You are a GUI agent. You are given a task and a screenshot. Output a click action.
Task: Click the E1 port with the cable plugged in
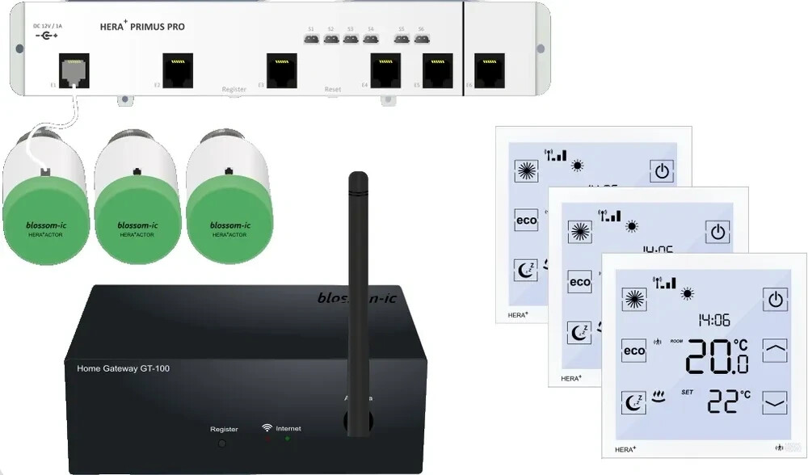tap(74, 69)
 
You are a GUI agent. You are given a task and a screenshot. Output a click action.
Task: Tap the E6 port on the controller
tap(489, 69)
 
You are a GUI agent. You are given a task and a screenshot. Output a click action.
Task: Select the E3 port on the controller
tap(282, 69)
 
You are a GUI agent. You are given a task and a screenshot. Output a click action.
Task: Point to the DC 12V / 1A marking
tap(48, 26)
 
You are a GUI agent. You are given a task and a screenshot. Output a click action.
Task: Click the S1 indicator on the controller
tap(311, 37)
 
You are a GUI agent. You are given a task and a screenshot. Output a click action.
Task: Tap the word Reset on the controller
tap(332, 89)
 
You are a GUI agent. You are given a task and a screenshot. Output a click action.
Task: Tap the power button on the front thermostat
tap(775, 300)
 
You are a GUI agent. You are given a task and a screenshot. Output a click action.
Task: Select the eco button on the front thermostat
tap(634, 351)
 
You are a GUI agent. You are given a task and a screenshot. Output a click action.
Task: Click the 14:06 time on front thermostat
tap(715, 320)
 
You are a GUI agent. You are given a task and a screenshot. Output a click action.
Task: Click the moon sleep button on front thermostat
tap(634, 401)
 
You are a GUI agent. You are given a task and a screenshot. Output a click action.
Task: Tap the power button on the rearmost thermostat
tap(662, 170)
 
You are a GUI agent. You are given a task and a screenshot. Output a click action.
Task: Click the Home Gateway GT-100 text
tap(123, 368)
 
